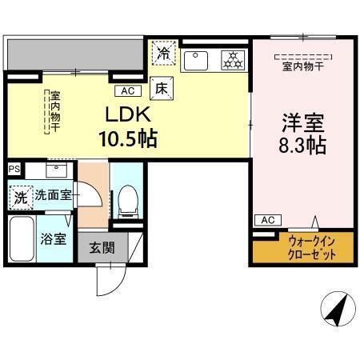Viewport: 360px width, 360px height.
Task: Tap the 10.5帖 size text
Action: pyautogui.click(x=126, y=138)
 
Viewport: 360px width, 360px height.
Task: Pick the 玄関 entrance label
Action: pyautogui.click(x=102, y=247)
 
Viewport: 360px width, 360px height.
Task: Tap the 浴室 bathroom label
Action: pyautogui.click(x=53, y=238)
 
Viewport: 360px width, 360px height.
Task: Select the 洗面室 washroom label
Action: pyautogui.click(x=53, y=194)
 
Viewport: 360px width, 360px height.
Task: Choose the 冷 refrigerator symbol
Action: pyautogui.click(x=163, y=54)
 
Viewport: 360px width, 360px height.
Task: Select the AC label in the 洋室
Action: pyautogui.click(x=267, y=220)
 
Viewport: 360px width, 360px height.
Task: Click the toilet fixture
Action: pyautogui.click(x=126, y=200)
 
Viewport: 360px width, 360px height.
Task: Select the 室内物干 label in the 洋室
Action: pyautogui.click(x=301, y=66)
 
